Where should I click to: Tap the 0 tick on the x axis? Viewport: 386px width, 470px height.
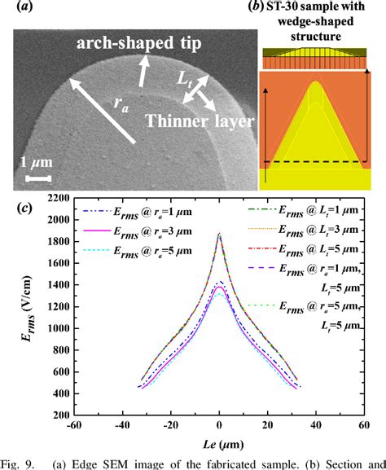tap(219, 428)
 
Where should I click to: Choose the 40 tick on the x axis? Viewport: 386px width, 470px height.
tap(314, 428)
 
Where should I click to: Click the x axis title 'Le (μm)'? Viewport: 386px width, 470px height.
tap(218, 446)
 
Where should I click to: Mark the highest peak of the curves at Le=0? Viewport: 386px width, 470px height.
tap(219, 233)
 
